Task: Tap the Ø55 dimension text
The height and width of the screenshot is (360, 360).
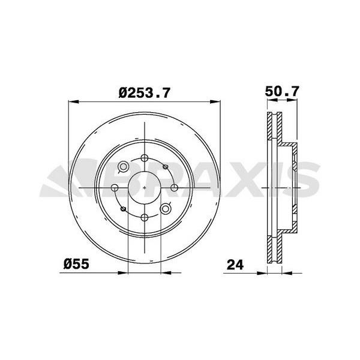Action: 77,264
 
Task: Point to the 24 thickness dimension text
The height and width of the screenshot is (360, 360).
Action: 236,264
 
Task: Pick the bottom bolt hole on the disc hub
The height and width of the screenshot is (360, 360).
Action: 145,217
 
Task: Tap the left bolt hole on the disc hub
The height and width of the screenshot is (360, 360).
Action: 115,188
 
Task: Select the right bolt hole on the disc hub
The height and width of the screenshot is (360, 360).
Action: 175,188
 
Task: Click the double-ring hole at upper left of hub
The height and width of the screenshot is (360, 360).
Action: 124,167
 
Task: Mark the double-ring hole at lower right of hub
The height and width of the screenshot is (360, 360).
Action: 166,209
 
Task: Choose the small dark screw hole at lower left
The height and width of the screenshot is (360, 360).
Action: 123,209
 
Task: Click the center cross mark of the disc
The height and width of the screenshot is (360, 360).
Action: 145,188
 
